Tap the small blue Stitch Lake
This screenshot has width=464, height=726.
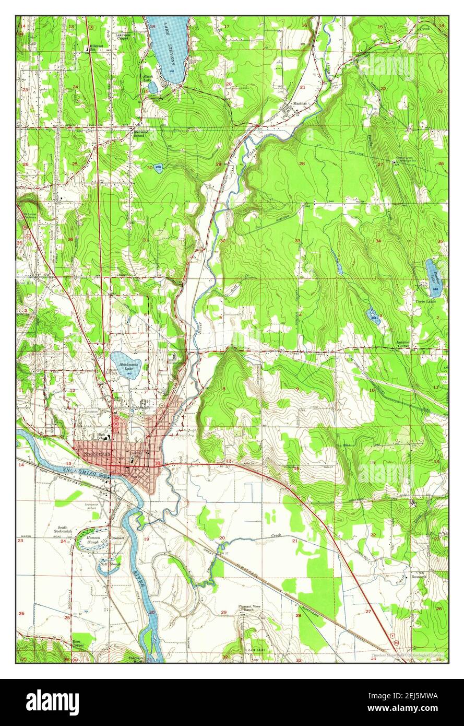[x=152, y=86]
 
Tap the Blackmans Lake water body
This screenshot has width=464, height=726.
[x=124, y=364]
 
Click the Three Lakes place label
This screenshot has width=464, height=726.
[x=425, y=301]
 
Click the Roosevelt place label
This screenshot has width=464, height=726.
[x=419, y=577]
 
